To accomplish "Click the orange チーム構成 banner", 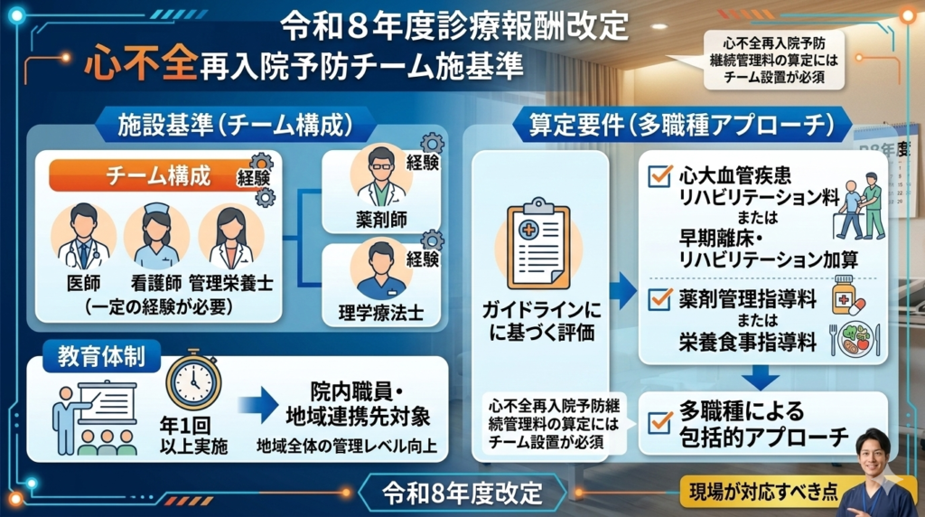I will (145, 176).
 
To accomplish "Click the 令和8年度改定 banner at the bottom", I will (462, 493).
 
